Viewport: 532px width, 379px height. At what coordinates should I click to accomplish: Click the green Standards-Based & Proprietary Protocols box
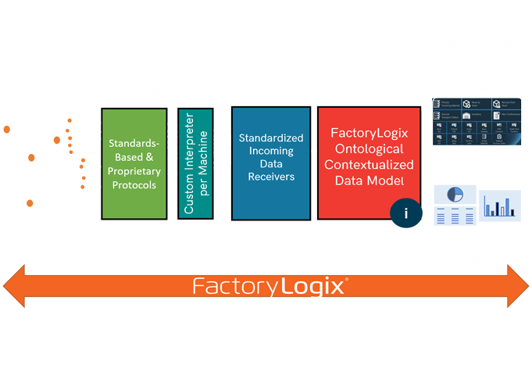[x=134, y=163]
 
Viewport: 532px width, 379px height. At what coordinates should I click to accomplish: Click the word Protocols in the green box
[x=134, y=186]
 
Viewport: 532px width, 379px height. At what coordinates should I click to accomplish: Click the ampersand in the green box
[x=157, y=157]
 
